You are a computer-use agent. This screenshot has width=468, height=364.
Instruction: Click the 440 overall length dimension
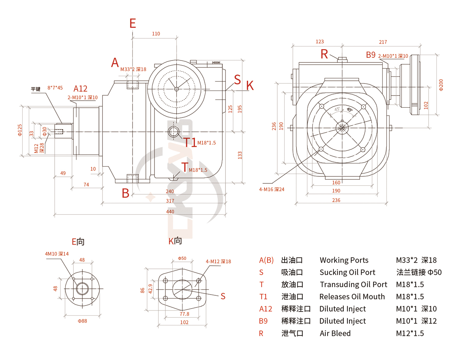pos(170,211)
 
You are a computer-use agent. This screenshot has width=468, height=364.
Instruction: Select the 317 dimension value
pos(170,201)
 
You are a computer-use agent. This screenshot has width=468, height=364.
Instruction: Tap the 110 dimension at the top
pos(156,34)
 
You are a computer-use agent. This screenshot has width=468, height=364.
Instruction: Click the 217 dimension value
pos(383,42)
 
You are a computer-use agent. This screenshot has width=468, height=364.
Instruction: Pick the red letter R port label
pos(324,55)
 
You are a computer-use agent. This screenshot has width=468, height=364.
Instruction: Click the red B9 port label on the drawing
pos(370,55)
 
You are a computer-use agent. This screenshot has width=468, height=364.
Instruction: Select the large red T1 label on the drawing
pos(190,142)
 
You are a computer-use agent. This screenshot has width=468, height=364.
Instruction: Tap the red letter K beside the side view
pos(250,86)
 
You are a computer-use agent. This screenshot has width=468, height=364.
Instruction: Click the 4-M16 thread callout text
pos(272,190)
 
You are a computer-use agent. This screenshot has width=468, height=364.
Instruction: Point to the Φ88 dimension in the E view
pos(82,321)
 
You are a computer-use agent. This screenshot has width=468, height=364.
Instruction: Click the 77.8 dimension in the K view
pos(184,314)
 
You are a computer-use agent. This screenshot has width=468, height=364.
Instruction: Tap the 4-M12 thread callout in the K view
pos(218,261)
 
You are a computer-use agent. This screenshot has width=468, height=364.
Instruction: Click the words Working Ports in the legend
pos(344,260)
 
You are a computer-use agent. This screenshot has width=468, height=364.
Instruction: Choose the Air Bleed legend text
pos(335,333)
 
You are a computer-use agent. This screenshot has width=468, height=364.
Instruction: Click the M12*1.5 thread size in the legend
pos(410,333)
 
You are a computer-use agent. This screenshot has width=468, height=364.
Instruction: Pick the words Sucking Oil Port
pos(347,272)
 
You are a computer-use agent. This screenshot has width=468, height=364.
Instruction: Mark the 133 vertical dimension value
pos(240,155)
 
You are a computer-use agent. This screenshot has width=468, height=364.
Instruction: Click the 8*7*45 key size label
pos(55,88)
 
